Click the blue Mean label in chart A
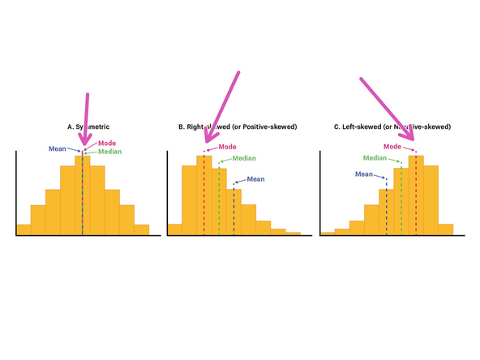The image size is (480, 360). pyautogui.click(x=58, y=148)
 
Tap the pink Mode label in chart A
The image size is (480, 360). pyautogui.click(x=107, y=144)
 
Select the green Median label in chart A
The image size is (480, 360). pyautogui.click(x=110, y=152)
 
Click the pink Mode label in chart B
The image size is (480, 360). pyautogui.click(x=227, y=147)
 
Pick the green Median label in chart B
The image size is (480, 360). pyautogui.click(x=233, y=158)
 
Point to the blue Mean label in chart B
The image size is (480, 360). pyautogui.click(x=255, y=179)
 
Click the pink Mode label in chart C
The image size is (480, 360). pyautogui.click(x=392, y=147)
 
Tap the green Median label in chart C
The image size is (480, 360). pyautogui.click(x=375, y=158)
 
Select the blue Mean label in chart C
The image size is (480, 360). pyautogui.click(x=364, y=174)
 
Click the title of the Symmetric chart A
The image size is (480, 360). pyautogui.click(x=88, y=127)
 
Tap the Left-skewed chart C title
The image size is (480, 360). pyautogui.click(x=392, y=127)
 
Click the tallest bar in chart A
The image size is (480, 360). pyautogui.click(x=82, y=195)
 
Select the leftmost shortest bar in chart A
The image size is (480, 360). pyautogui.click(x=24, y=229)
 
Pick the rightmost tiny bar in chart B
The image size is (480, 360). pyautogui.click(x=293, y=234)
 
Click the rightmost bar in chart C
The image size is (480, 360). pyautogui.click(x=445, y=229)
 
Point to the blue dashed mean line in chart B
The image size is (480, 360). pyautogui.click(x=234, y=211)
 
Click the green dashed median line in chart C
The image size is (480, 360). pyautogui.click(x=401, y=203)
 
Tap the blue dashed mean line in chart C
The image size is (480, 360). pyautogui.click(x=386, y=207)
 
